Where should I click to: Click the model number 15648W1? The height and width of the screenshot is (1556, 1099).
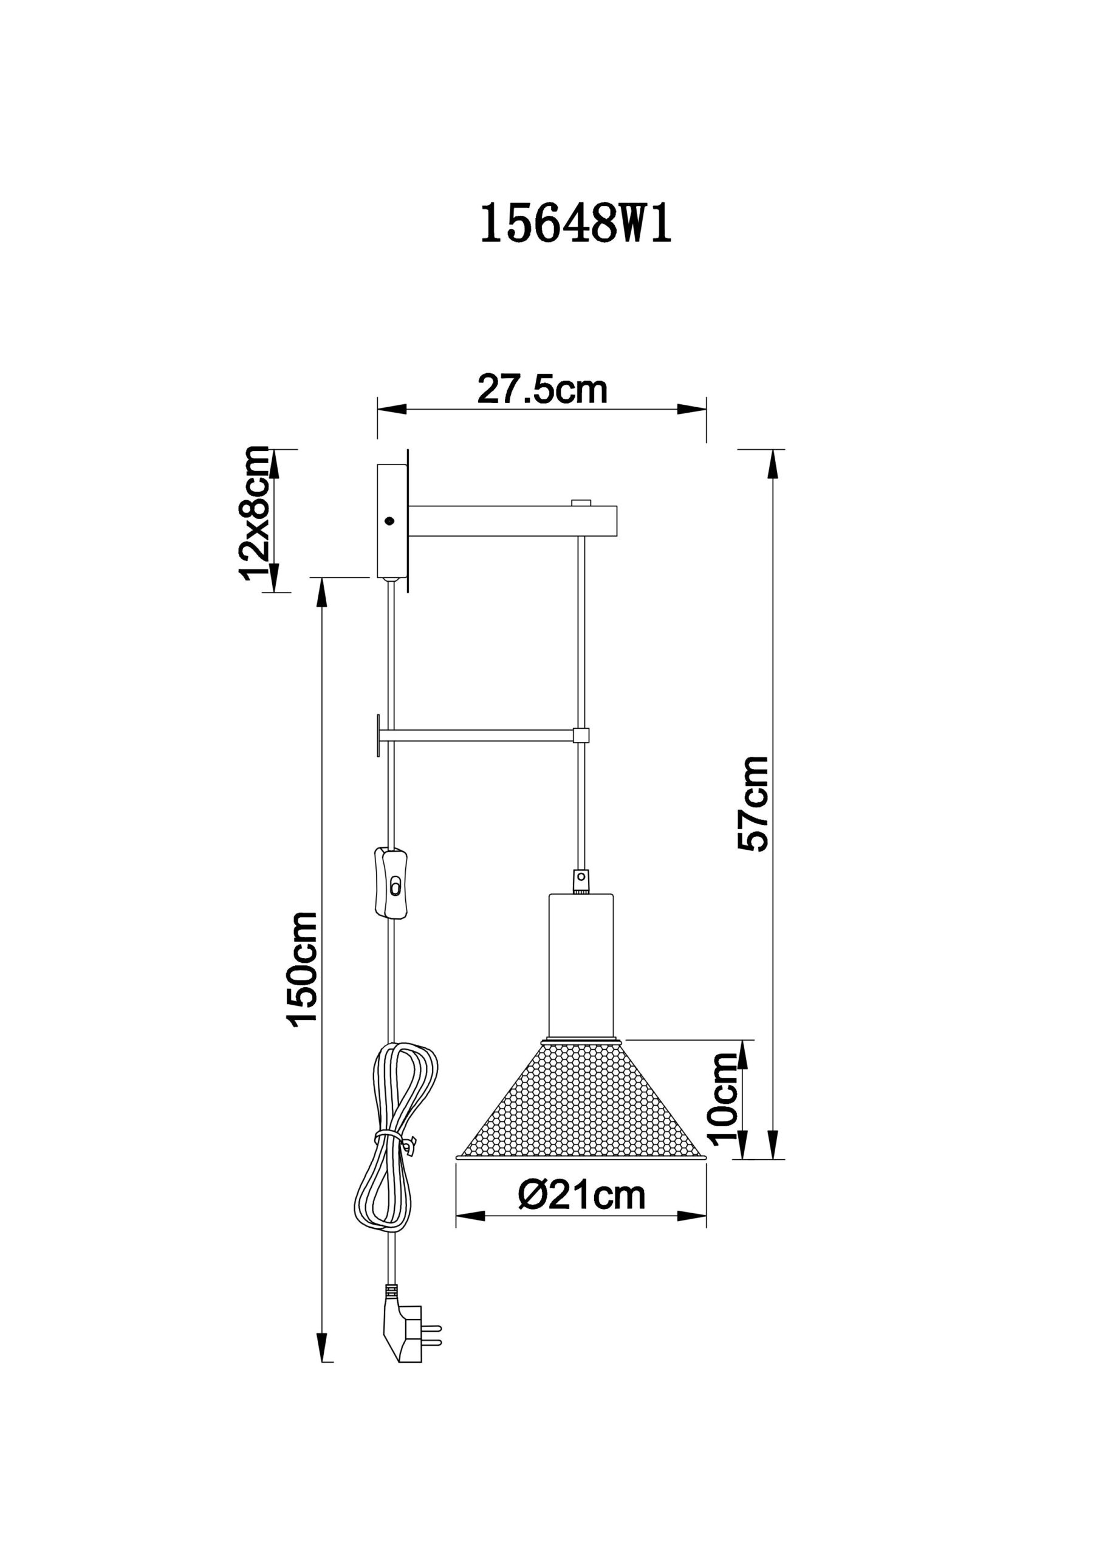pyautogui.click(x=576, y=225)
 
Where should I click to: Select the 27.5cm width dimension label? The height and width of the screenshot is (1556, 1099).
pyautogui.click(x=543, y=390)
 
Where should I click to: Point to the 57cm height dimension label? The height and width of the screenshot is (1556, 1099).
pyautogui.click(x=753, y=803)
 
